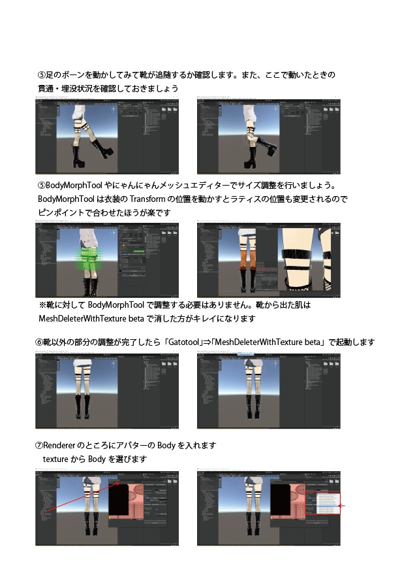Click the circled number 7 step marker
coord(38,446)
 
